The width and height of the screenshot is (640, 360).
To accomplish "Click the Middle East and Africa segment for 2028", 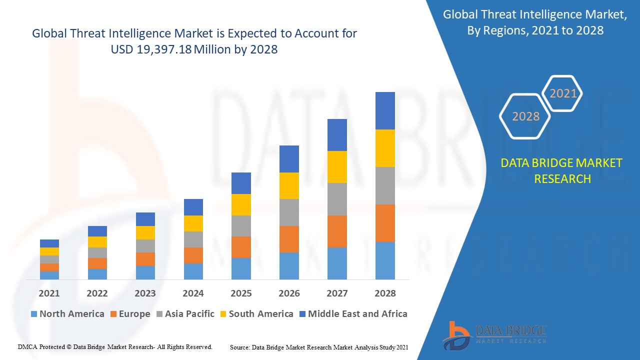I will point(385,110).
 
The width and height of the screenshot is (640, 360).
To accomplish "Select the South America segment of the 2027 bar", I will point(337,167).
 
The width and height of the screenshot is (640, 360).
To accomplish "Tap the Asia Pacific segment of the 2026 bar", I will point(289,212).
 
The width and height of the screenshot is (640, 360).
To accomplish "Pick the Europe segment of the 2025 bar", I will point(241,247).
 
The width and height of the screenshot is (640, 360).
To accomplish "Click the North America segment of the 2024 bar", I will point(193,271).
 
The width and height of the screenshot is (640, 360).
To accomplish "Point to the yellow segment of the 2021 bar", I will point(49,251).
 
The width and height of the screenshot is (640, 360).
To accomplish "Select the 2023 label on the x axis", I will point(145,293).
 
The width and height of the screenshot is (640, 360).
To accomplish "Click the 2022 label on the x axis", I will point(97,293).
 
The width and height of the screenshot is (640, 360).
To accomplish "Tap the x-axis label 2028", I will point(385,293).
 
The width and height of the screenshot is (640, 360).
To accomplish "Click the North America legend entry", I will point(67,314).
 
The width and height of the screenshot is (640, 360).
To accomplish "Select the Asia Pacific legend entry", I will point(184,314).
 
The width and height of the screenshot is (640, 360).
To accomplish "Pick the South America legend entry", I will point(256,314).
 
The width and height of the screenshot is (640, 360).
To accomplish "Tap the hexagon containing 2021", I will point(563,93).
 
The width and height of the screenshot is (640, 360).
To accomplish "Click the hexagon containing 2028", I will point(525,116).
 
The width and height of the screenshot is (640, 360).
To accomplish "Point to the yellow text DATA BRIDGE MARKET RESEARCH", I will point(561,170).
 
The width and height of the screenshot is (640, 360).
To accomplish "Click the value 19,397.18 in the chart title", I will point(164,49).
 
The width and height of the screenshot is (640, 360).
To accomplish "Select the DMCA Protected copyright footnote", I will point(115,346).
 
